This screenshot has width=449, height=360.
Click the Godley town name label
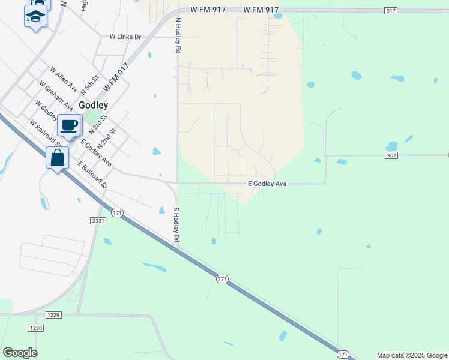[x=93, y=104]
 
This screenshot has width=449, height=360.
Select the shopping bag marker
[x=57, y=159]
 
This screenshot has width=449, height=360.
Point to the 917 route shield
[x=391, y=11]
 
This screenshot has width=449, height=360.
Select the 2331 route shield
[x=98, y=221]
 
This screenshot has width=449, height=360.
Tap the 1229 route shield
[x=53, y=314]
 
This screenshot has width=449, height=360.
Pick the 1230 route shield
[x=35, y=328]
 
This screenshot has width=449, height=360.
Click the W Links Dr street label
[x=125, y=37]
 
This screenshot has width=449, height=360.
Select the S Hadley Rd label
[x=177, y=225]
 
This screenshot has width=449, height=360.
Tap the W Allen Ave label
[x=65, y=79]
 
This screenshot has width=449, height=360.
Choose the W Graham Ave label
[x=55, y=95]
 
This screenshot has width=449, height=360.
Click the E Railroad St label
[x=92, y=174]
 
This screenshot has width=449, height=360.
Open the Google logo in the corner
[x=20, y=353]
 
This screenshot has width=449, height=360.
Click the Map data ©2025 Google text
[x=412, y=355]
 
